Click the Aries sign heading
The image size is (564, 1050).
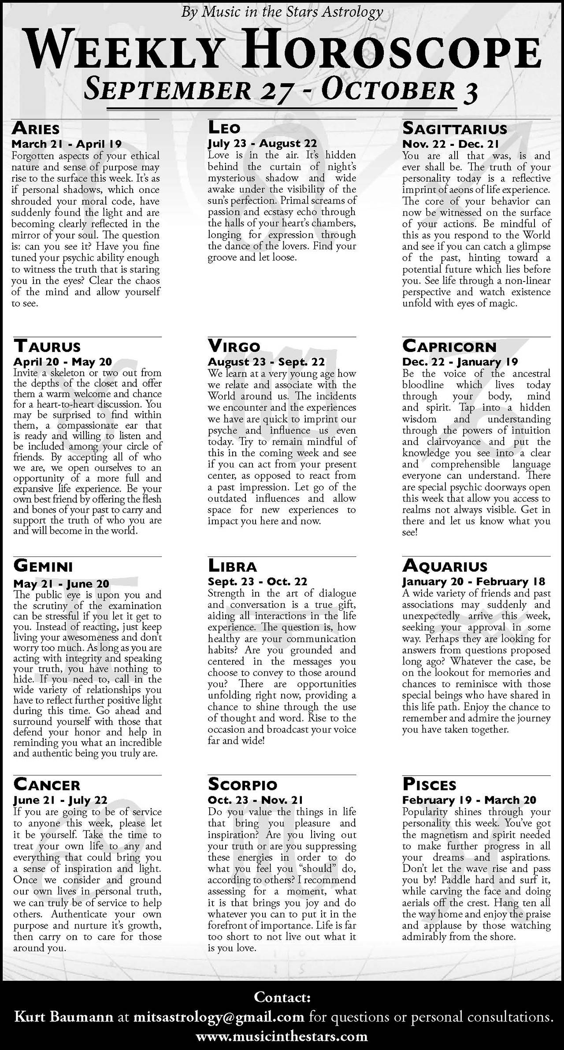point(36,129)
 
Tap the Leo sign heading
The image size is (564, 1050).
point(224,128)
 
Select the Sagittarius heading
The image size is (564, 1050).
point(455,129)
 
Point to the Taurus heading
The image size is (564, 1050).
point(47,346)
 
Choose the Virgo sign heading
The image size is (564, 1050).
point(234,346)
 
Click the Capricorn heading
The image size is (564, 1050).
point(449,346)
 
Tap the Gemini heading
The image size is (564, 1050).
point(43,566)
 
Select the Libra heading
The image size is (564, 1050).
point(232,566)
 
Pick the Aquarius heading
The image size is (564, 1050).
point(445,566)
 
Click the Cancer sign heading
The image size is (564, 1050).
point(47,785)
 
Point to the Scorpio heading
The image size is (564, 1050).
point(243,784)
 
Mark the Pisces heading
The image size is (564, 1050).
point(429,785)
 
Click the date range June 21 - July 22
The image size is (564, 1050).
point(60,800)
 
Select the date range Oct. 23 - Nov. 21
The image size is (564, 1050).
point(256,800)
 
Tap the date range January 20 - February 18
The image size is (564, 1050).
point(474,581)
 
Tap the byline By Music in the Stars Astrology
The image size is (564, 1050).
point(282,12)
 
